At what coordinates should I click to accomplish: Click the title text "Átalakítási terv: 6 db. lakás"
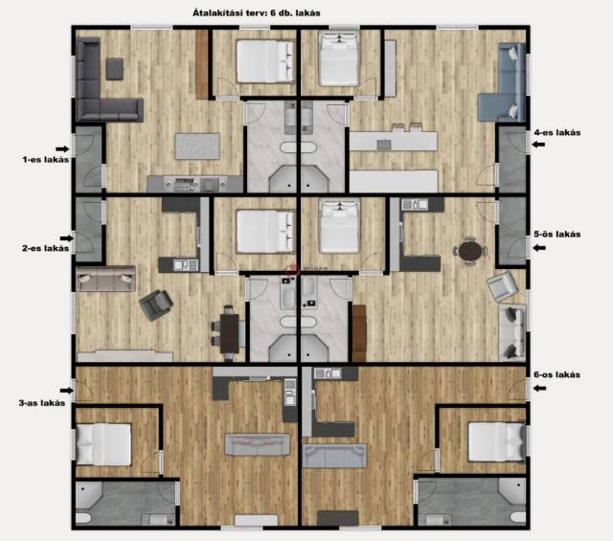tap(257, 12)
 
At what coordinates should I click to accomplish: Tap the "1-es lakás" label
tap(46, 160)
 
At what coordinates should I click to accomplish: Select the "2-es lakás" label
tap(46, 248)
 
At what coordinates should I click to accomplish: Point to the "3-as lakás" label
tap(42, 402)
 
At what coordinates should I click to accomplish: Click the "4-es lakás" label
tap(557, 132)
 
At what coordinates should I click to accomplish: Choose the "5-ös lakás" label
tap(557, 235)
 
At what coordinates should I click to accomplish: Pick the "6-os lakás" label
tap(557, 374)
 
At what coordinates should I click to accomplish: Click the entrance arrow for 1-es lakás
tap(62, 149)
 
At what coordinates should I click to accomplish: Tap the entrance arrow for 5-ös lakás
tap(539, 248)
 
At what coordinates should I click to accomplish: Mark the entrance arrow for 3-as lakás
tap(66, 390)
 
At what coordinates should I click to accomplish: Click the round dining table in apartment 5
tap(470, 251)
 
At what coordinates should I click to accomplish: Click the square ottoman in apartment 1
tap(115, 69)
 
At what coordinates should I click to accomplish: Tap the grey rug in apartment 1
tap(197, 147)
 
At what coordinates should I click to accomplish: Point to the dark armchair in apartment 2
tap(156, 304)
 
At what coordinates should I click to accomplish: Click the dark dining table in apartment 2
tap(230, 333)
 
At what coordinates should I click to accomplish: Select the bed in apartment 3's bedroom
tap(103, 444)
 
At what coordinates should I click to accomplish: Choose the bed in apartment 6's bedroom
tap(496, 441)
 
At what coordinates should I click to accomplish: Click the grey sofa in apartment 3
tap(258, 444)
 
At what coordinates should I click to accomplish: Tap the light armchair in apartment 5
tap(503, 287)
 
